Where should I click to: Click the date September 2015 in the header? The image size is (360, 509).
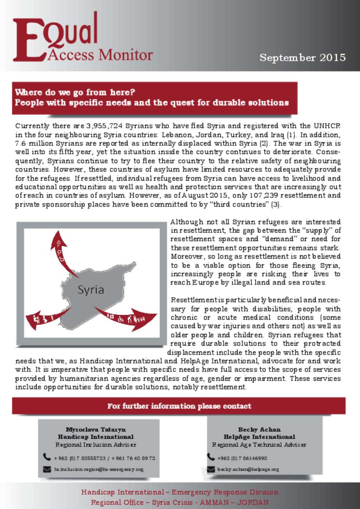(x=302, y=58)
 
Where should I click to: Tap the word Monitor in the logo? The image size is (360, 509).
(x=126, y=55)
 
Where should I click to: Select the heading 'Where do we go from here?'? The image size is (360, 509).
(x=75, y=92)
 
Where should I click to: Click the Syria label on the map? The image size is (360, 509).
(x=91, y=290)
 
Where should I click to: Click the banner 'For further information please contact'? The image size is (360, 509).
(x=179, y=406)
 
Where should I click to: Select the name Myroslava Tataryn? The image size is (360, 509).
(x=96, y=429)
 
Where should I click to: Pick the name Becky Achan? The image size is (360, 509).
(x=259, y=429)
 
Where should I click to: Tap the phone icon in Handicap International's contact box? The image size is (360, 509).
(x=47, y=457)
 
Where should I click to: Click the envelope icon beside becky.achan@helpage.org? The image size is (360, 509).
(x=211, y=469)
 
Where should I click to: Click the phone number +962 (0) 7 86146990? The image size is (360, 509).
(x=242, y=458)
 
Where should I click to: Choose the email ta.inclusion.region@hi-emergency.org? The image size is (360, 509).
(x=99, y=469)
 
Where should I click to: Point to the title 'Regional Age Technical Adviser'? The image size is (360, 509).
(x=259, y=445)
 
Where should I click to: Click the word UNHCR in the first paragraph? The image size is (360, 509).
(x=327, y=126)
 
